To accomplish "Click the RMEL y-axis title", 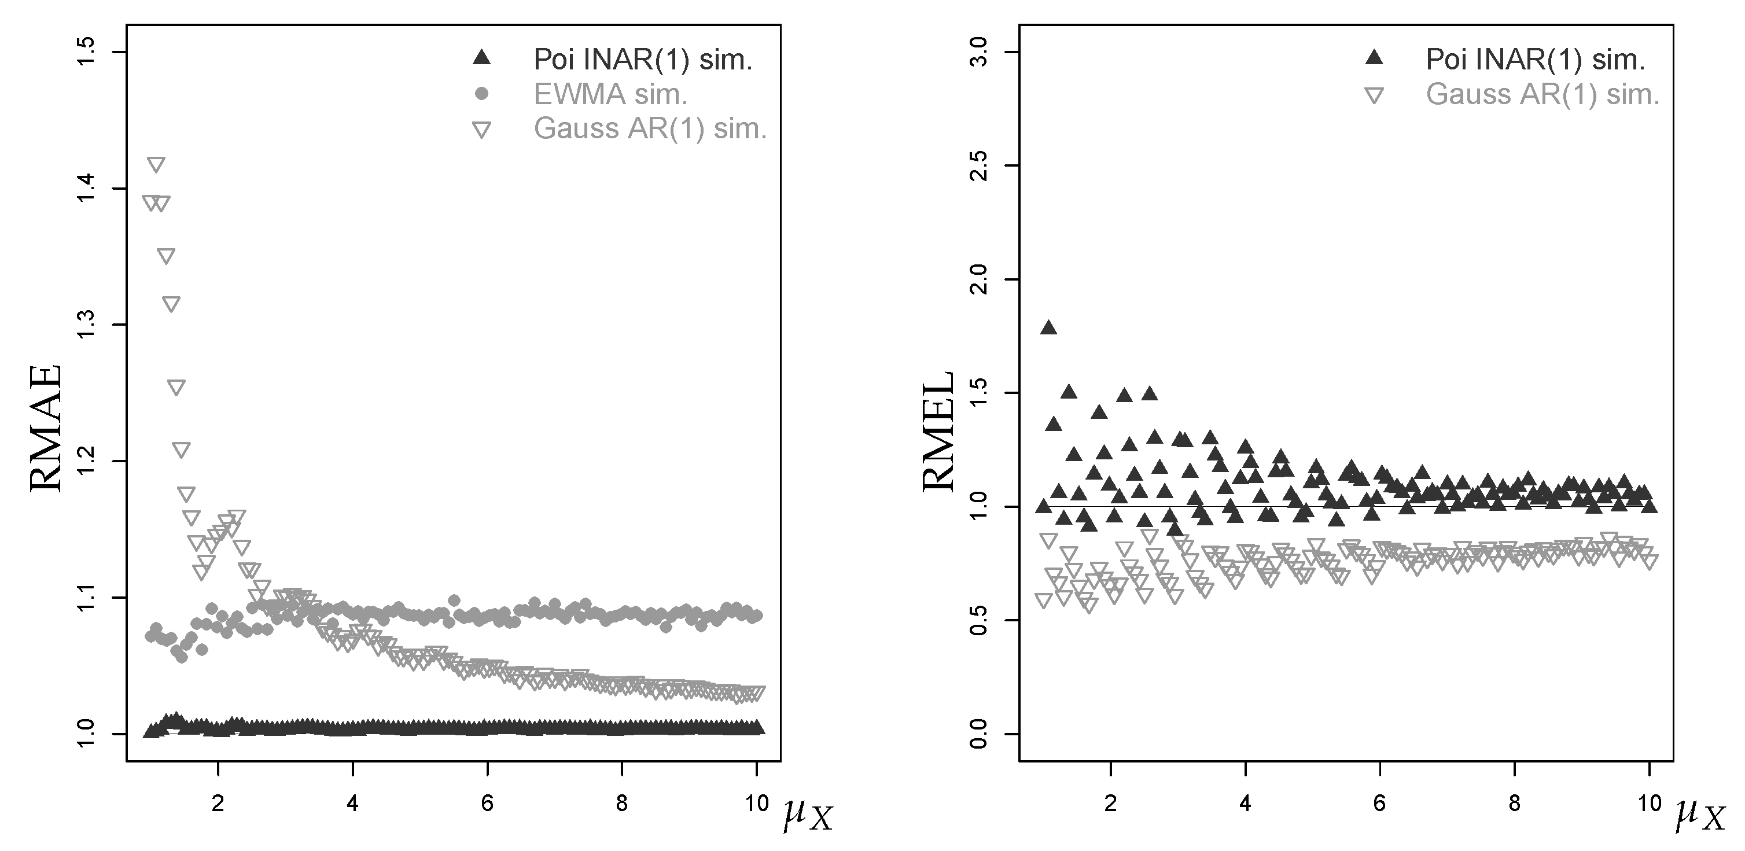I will click(939, 431).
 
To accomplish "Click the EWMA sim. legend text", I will click(610, 94).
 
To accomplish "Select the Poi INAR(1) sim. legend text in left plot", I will click(643, 60).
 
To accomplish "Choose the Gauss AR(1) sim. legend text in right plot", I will click(1542, 94).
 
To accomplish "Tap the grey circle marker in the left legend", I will click(481, 94).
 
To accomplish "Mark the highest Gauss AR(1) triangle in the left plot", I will click(156, 165).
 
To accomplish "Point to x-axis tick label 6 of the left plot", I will click(487, 804).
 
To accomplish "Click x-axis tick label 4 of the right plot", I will click(1245, 804).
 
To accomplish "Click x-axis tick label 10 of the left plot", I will click(757, 804).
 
